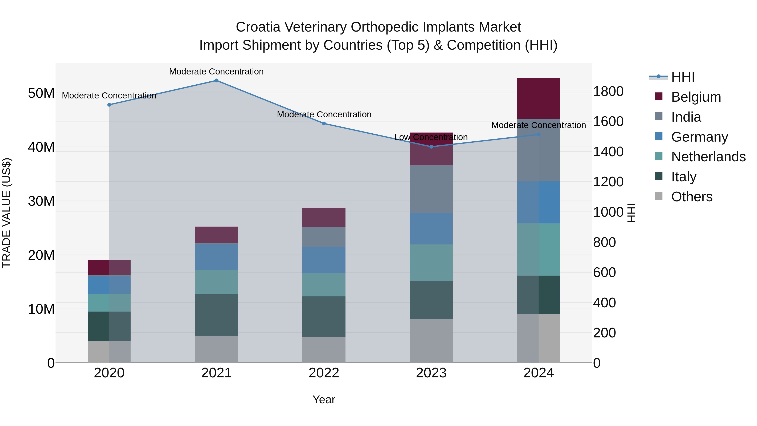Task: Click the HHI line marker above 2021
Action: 216,81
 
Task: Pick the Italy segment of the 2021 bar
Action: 216,315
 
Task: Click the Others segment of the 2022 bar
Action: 324,350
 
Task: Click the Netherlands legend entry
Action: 708,157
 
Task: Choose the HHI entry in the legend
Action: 683,77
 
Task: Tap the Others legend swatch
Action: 659,196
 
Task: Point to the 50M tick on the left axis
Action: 41,93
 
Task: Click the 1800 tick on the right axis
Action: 608,92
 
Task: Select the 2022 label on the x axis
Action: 324,373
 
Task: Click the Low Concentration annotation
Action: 431,137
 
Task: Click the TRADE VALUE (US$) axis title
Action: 7,213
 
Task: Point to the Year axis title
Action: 324,399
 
